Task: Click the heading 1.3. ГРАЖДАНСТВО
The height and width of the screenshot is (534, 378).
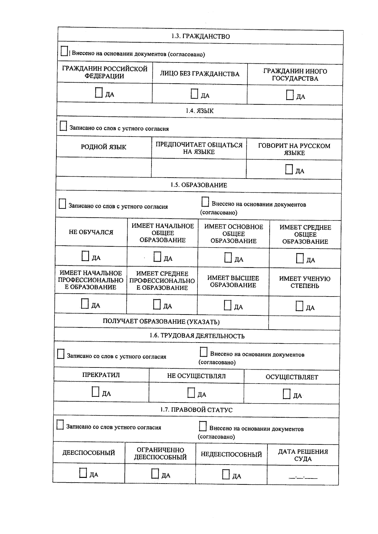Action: pos(200,36)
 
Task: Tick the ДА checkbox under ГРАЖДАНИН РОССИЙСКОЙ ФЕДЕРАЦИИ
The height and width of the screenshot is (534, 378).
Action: pos(99,93)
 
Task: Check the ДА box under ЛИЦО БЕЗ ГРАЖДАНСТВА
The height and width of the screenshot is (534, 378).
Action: pos(194,94)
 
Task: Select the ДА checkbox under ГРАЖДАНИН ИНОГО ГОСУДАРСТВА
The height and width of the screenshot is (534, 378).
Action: pos(289,95)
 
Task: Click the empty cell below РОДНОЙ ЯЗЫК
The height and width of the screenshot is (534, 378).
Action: pos(104,167)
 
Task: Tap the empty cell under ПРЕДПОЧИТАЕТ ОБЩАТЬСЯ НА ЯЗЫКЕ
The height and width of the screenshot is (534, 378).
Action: pos(199,168)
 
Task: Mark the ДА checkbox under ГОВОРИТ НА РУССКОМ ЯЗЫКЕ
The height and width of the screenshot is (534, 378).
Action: pos(289,169)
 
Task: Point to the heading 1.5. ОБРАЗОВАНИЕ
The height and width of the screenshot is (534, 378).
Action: pos(199,185)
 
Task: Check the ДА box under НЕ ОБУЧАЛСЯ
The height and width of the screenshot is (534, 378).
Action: pos(85,256)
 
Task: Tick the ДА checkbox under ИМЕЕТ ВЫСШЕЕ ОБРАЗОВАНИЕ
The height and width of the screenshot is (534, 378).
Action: pos(227,305)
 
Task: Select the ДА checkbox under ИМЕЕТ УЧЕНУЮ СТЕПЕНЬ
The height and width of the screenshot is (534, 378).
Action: pos(299,306)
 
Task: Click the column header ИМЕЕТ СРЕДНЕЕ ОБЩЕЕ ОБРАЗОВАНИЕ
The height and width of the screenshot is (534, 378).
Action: pos(305,234)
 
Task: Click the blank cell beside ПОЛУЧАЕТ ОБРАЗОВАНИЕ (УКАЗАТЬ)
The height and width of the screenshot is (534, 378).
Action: pos(304,323)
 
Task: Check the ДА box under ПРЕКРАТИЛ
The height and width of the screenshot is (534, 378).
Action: pos(95,392)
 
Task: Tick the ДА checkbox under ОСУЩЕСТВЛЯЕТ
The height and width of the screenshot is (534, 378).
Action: pos(286,394)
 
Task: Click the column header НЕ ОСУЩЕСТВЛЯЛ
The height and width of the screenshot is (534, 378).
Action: pos(196,376)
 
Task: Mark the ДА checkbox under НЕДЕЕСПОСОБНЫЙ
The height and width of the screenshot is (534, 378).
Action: pos(226,474)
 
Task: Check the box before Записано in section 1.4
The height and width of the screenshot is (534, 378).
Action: pos(63,126)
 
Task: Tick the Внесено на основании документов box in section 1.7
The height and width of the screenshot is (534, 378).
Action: pos(203,426)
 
